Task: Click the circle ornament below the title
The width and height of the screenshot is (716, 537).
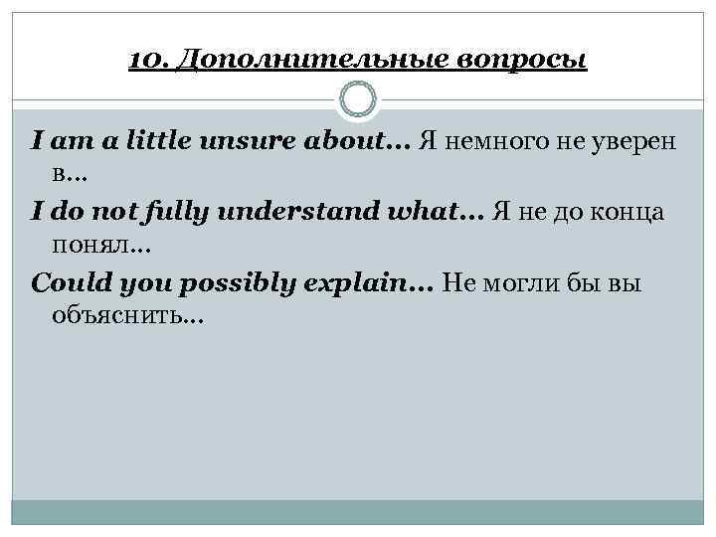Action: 358,99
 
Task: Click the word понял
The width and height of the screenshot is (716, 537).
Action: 86,245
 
